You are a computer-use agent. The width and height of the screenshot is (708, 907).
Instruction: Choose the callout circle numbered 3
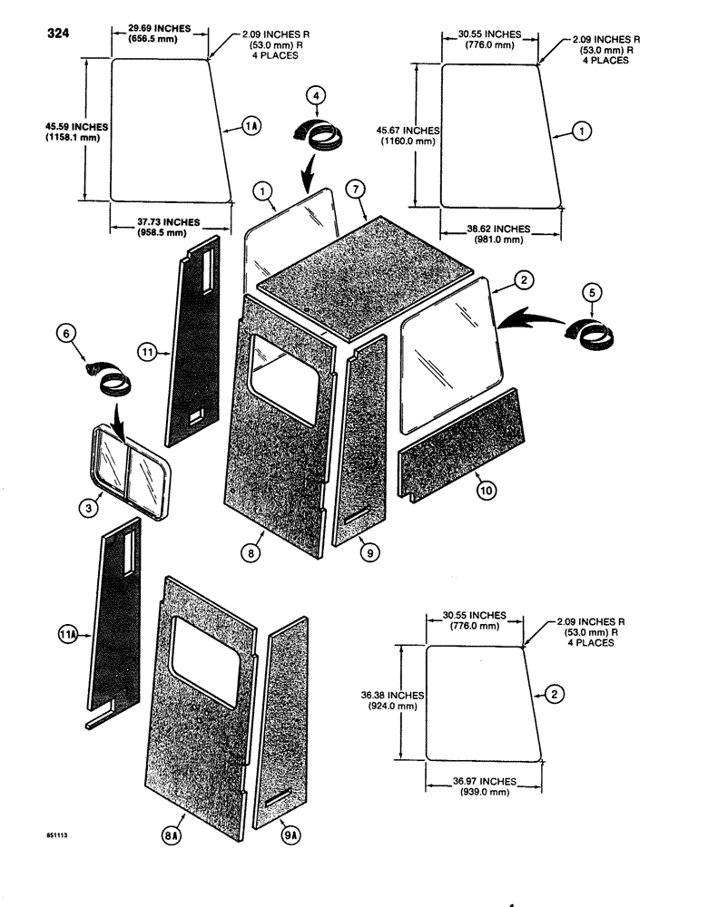[x=87, y=509]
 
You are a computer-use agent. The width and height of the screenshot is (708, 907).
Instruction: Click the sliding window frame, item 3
[x=128, y=473]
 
